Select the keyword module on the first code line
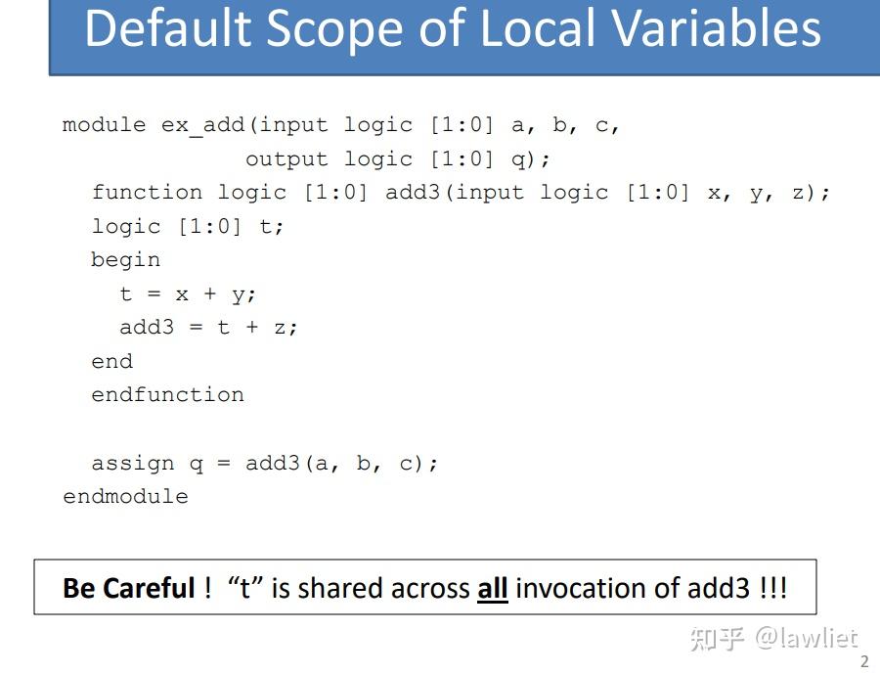pos(104,125)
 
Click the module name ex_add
pos(203,125)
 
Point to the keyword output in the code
pos(286,158)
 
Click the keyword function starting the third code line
pos(147,192)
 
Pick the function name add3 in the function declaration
pos(413,192)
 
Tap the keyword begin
pos(125,259)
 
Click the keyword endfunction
pos(167,394)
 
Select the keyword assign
pos(132,463)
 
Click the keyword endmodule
pos(125,496)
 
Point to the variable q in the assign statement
pos(196,464)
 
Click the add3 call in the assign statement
pos(272,463)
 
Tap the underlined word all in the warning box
pos(492,588)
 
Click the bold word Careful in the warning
pos(150,588)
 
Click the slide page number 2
pos(863,661)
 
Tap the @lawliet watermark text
pos(806,638)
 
